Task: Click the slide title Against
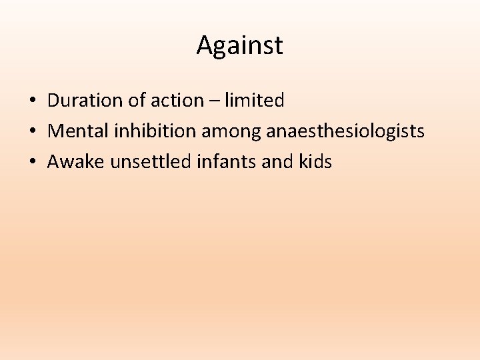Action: tap(239, 45)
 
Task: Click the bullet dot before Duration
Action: tap(32, 101)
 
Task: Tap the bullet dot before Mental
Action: tap(32, 131)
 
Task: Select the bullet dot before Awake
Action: tap(32, 162)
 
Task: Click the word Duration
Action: tap(83, 101)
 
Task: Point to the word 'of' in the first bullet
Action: tap(132, 101)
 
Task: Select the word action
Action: tap(176, 101)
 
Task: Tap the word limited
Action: tap(255, 101)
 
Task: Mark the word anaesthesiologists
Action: tap(345, 131)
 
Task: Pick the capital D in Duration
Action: tap(53, 101)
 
